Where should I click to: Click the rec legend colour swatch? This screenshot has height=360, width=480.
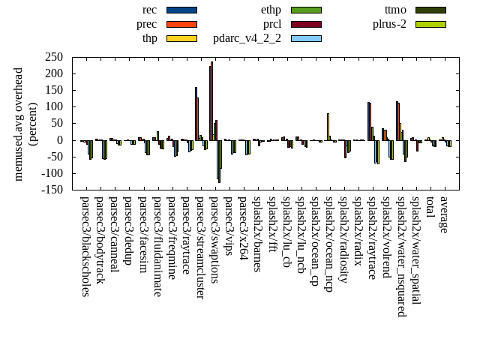181,10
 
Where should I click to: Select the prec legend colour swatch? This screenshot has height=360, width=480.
181,24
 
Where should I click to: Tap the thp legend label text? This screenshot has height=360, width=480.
150,38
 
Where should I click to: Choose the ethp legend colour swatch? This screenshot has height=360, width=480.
306,10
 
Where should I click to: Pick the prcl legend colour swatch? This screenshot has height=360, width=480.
306,24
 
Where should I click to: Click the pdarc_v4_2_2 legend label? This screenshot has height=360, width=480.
247,38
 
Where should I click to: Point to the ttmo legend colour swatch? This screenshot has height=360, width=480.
430,10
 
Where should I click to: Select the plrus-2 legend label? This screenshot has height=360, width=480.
389,24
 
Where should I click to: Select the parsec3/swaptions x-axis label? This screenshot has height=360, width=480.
214,240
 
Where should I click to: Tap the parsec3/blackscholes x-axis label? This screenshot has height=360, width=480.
84,247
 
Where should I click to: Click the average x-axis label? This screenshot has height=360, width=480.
444,214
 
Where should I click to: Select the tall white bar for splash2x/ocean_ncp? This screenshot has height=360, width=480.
328,126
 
